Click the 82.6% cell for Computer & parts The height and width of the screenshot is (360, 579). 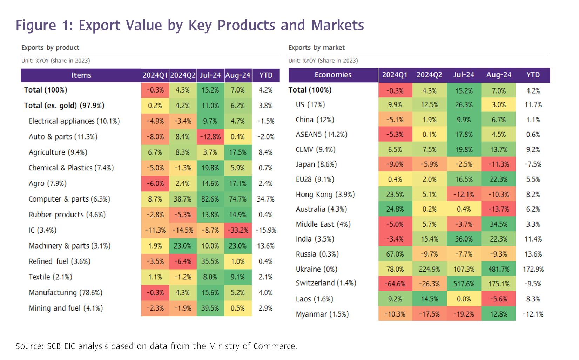210,199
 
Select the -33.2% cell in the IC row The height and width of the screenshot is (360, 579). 238,230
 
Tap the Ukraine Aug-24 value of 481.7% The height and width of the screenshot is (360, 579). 498,269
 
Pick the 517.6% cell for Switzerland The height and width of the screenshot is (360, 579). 464,284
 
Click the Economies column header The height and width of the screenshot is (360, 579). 333,75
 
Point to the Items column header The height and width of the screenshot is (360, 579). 81,75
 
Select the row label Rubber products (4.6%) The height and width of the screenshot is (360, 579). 67,215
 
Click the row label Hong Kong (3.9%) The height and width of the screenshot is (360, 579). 325,194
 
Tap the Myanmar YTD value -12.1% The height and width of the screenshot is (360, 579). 533,314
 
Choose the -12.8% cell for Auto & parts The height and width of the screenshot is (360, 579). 210,137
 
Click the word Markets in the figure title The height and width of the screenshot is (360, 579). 337,25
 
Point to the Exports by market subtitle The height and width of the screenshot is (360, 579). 317,48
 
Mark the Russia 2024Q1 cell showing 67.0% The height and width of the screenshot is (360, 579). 395,254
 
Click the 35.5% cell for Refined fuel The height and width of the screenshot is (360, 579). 210,261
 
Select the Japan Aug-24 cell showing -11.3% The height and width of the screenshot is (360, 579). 498,164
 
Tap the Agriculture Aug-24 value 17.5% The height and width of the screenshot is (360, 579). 238,152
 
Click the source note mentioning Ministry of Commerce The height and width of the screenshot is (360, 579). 156,346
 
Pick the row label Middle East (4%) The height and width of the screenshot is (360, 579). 323,224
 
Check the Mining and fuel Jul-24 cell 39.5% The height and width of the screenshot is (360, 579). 210,308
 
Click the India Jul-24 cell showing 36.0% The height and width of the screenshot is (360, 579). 464,239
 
